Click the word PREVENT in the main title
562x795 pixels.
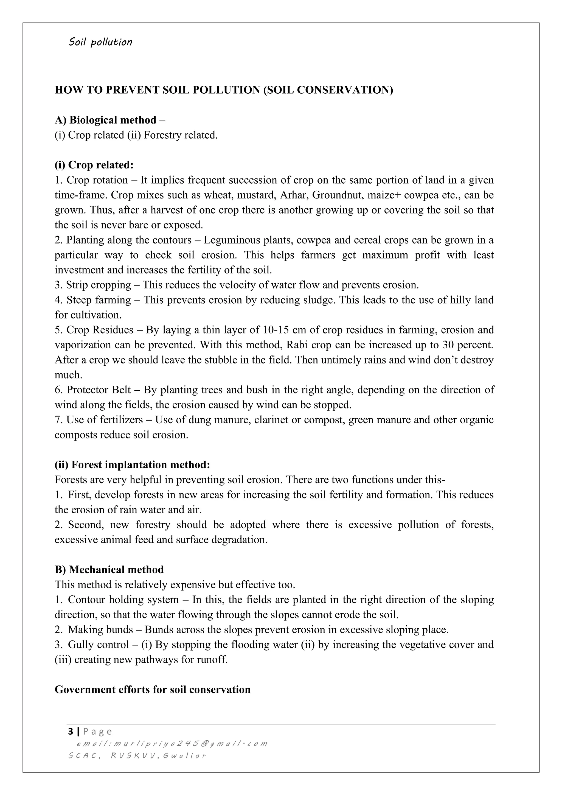click(x=131, y=90)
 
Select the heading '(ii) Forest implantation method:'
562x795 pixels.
click(x=132, y=465)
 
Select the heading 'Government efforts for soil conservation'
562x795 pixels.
click(x=153, y=689)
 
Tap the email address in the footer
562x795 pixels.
click(x=172, y=743)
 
